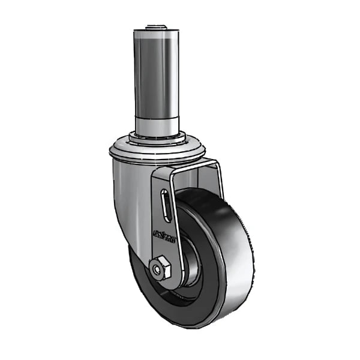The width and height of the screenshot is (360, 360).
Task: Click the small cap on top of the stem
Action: (154, 26)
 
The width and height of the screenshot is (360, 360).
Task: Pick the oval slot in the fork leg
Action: (166, 207)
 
